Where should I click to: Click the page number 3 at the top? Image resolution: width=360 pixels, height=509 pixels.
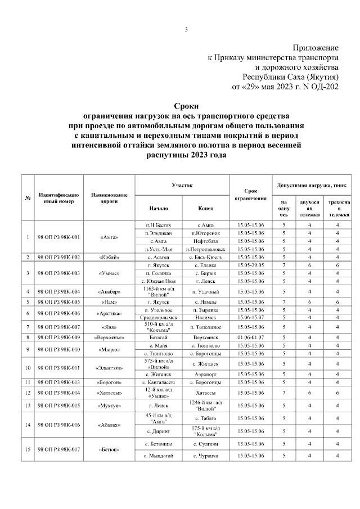(x=186, y=29)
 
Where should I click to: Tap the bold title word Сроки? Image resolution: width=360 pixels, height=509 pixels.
(x=186, y=106)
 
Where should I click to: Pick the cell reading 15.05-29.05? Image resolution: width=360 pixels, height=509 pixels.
(x=250, y=264)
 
